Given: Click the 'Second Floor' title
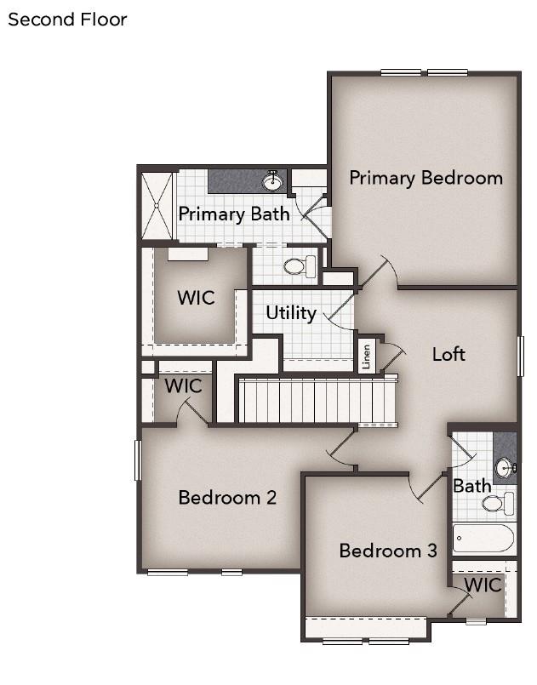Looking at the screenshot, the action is click(x=67, y=20).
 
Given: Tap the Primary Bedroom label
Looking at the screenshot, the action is click(x=426, y=178).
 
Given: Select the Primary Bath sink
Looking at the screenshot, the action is click(x=272, y=181).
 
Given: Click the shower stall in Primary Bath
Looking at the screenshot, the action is click(x=157, y=206).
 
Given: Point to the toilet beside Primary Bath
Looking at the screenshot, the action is click(x=300, y=265).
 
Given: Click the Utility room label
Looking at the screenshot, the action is click(x=291, y=313).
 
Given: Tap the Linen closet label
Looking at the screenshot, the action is click(x=367, y=357).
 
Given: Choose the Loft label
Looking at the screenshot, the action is click(x=448, y=354).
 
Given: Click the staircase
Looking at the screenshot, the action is click(x=317, y=401).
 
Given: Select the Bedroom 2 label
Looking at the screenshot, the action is click(x=227, y=498).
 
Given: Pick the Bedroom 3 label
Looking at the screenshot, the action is click(x=388, y=551).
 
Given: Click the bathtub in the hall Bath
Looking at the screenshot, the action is click(x=484, y=539).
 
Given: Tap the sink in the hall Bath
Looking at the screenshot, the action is click(x=506, y=468).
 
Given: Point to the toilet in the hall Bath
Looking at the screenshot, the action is click(x=499, y=503).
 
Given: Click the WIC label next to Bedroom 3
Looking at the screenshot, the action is click(x=483, y=585).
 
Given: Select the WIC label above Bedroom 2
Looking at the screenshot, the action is click(x=184, y=386).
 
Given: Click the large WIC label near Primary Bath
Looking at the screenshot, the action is click(x=197, y=298).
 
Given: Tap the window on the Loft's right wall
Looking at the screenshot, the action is click(x=520, y=356).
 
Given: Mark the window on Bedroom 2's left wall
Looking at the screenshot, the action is click(x=138, y=460).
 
